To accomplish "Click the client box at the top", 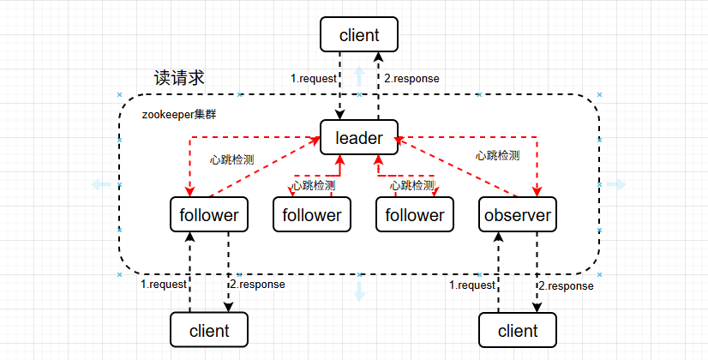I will pos(358,35).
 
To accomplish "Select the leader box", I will pos(358,137).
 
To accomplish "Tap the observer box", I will pos(517,214).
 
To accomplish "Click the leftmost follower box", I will pos(208,214).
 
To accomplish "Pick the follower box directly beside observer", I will pos(414,214).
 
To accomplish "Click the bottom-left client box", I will pos(208,330).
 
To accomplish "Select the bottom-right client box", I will pos(517,330).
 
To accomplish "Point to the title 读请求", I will pos(179,77).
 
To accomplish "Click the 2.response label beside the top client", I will pos(411,79).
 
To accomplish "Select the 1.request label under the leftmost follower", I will pos(163,285).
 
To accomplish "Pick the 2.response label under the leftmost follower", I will pos(257,285).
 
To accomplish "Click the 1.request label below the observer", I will pos(472,285).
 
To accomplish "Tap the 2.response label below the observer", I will pos(565,285).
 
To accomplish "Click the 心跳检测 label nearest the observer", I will pos(497,156).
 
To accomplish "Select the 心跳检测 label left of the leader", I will pos(231,159).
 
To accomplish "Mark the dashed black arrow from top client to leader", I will pos(341,86).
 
